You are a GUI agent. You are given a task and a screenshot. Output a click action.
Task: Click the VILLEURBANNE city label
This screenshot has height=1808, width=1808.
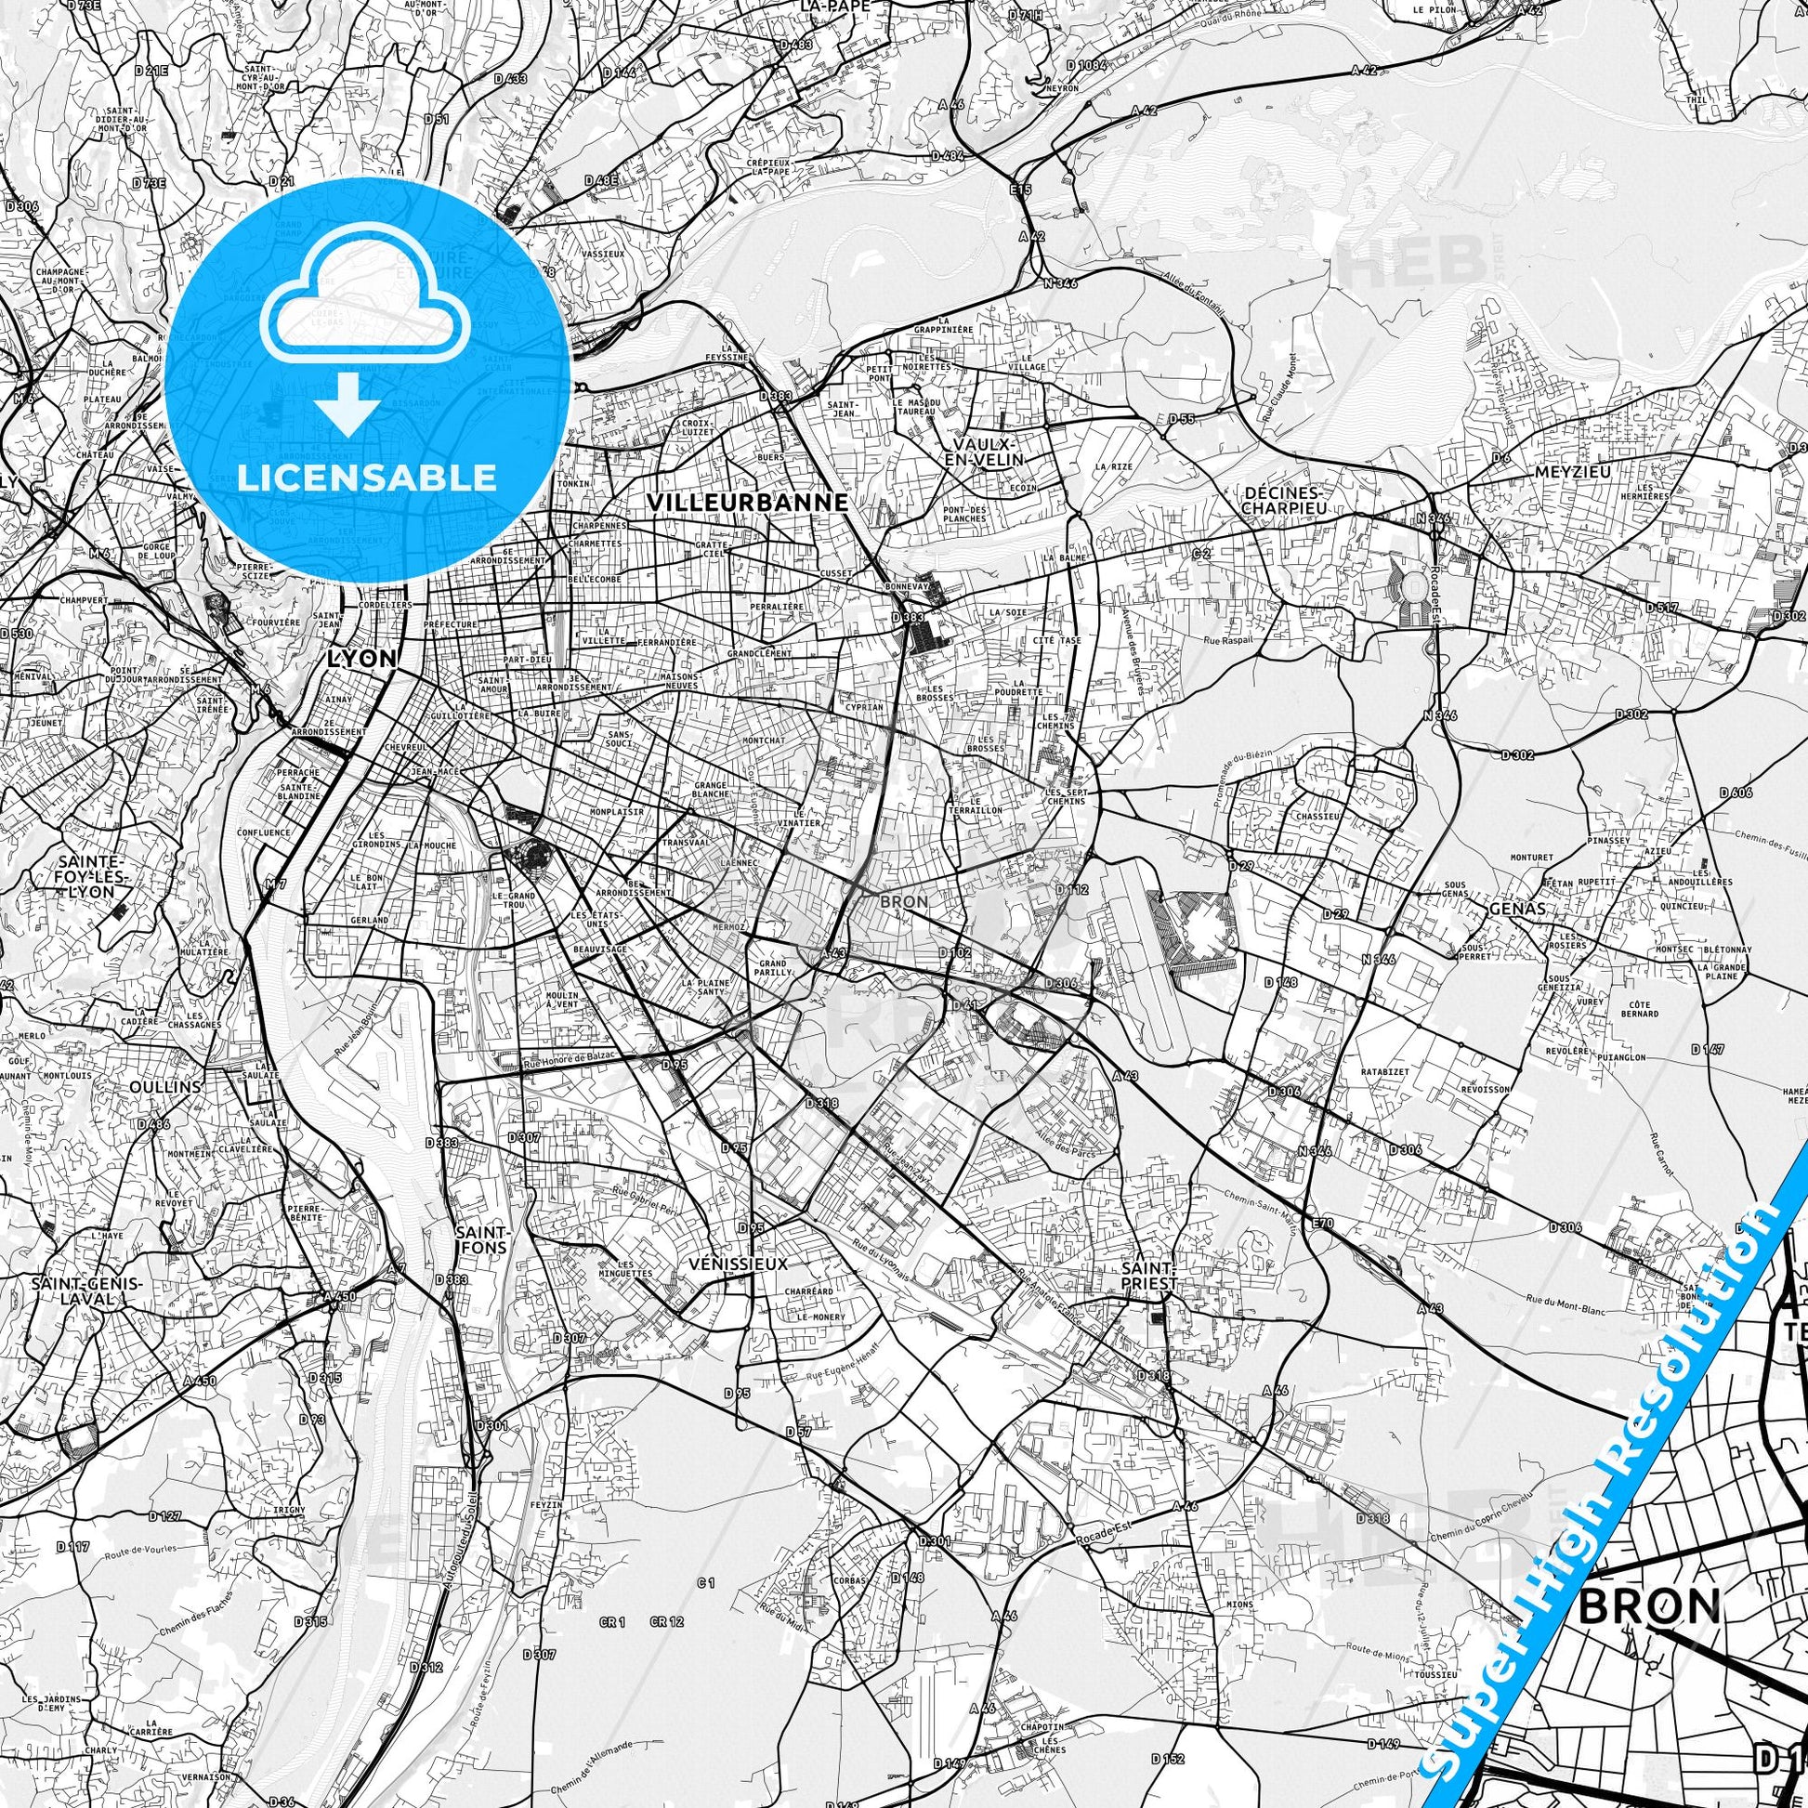click(748, 502)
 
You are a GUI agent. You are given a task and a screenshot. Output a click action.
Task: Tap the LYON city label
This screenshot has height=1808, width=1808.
click(361, 658)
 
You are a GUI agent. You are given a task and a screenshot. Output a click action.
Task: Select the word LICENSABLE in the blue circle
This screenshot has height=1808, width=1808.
click(367, 478)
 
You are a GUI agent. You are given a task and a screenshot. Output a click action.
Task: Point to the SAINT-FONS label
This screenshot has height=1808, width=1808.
click(483, 1239)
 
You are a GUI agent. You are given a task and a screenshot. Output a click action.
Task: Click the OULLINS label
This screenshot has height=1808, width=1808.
click(164, 1086)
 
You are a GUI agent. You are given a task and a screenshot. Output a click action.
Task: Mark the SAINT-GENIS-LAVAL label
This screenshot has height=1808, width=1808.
click(86, 1291)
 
